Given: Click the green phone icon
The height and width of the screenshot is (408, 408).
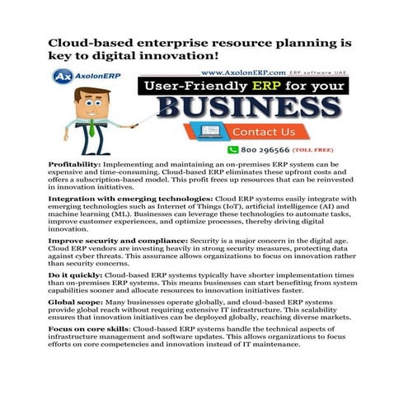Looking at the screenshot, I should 232,150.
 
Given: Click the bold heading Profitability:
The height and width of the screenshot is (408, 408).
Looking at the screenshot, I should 77,165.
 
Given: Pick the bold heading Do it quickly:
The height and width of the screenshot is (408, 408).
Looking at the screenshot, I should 77,273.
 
